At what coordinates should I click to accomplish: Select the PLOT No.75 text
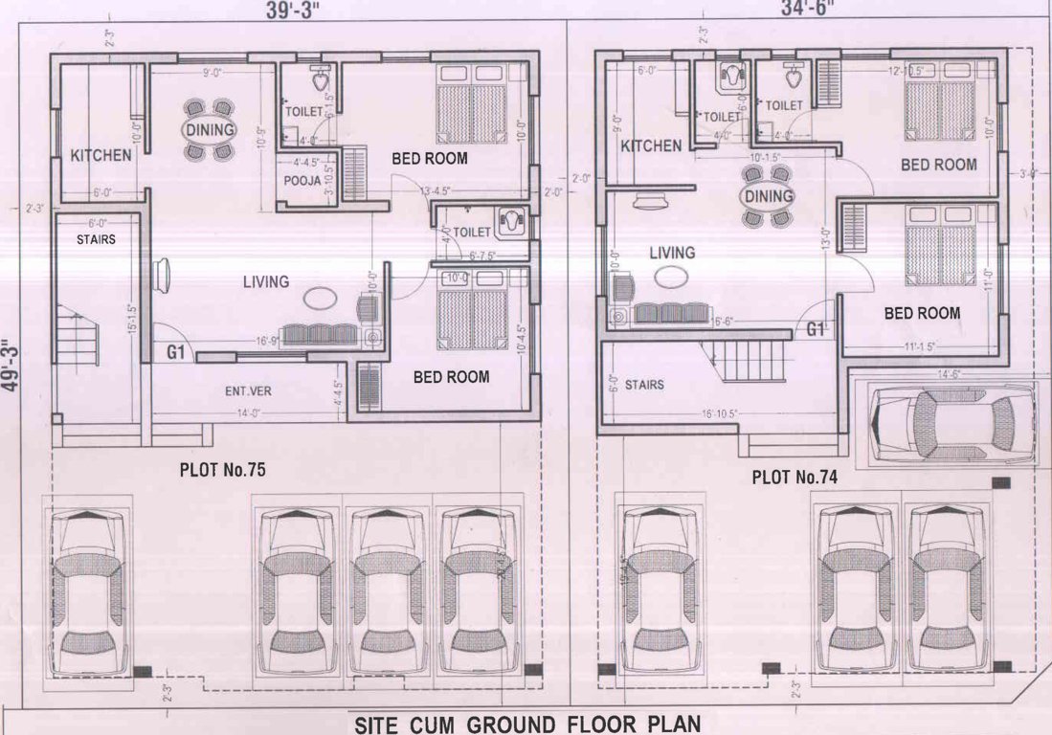[222, 470]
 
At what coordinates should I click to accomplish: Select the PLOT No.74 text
[795, 476]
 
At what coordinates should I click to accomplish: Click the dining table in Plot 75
[208, 129]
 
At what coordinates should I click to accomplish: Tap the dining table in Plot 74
[768, 196]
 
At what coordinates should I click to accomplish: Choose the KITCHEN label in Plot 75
[101, 155]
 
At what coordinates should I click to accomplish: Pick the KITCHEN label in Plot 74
[651, 145]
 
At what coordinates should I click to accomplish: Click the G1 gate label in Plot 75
[175, 352]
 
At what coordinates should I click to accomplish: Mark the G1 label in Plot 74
[816, 329]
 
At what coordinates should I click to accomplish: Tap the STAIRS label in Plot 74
[644, 385]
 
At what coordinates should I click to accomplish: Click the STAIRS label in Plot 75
[96, 239]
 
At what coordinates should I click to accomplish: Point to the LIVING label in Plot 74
[672, 253]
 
